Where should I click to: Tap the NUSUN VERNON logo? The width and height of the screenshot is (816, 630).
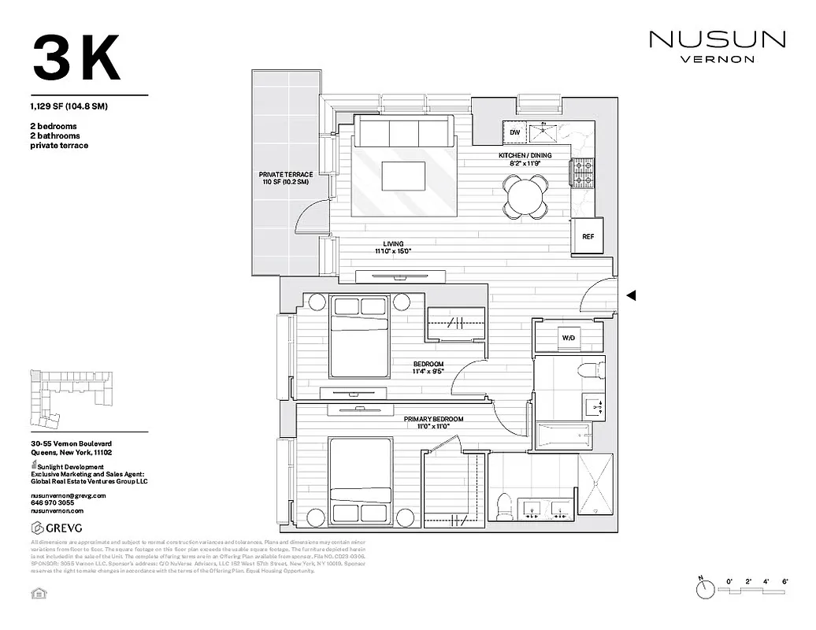coord(716,46)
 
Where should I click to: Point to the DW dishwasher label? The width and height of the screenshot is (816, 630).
coord(514,132)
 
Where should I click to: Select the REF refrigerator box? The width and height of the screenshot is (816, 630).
coord(588,236)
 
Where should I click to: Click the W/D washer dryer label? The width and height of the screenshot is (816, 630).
coord(568,338)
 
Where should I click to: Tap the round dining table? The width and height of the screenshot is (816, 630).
coord(526,195)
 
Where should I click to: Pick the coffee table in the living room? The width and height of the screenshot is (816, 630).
coord(404,176)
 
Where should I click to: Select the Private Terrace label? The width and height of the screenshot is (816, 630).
coord(286,178)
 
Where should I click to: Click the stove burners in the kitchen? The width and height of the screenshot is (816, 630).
coord(582,173)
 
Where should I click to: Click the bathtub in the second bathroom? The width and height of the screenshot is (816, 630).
coord(562,434)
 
